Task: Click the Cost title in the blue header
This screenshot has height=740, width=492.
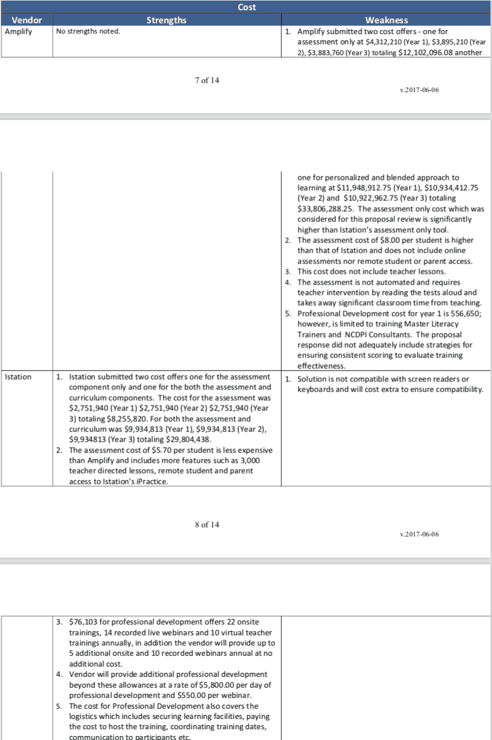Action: click(x=246, y=7)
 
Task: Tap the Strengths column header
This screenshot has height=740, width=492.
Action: click(x=166, y=20)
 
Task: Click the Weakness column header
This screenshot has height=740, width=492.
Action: click(x=386, y=20)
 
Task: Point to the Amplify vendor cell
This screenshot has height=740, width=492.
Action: click(x=18, y=31)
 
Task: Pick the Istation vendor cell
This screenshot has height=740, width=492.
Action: click(x=18, y=377)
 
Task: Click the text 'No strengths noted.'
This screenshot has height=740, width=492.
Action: click(x=88, y=31)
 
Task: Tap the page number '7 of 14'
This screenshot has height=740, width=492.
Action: click(x=207, y=80)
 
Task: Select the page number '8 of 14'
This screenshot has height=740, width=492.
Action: click(x=207, y=524)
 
